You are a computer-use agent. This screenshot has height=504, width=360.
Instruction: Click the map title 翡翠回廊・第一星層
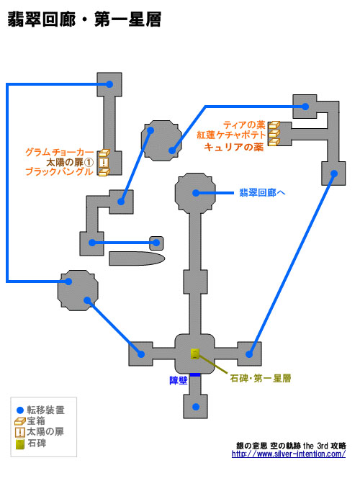(x=84, y=20)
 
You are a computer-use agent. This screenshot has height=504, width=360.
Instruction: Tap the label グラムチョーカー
(x=60, y=152)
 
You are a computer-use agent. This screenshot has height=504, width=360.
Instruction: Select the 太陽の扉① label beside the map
(x=70, y=162)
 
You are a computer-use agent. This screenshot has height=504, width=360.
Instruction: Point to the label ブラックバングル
(x=60, y=171)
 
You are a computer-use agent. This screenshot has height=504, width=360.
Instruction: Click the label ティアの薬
(x=244, y=125)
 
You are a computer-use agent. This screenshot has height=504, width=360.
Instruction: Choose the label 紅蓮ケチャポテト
(x=231, y=135)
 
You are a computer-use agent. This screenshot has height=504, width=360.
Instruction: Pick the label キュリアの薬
(x=234, y=147)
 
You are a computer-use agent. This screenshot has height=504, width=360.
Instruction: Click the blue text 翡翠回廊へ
(x=262, y=193)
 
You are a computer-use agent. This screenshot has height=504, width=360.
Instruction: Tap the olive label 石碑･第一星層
(x=261, y=378)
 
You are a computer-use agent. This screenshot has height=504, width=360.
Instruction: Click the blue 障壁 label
(x=179, y=381)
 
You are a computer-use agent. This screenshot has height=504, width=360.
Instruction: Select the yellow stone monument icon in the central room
(x=195, y=354)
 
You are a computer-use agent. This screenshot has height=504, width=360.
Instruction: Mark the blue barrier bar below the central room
(x=195, y=375)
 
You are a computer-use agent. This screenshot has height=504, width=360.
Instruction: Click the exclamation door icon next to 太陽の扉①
(x=103, y=162)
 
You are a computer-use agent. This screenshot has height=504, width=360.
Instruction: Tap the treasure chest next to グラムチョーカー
(x=104, y=153)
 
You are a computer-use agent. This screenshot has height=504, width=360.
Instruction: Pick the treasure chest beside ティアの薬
(x=274, y=125)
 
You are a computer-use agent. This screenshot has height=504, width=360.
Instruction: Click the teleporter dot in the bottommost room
(x=195, y=407)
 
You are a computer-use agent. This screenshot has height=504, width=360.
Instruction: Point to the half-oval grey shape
(x=137, y=258)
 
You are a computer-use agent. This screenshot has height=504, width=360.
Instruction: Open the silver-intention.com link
(x=289, y=454)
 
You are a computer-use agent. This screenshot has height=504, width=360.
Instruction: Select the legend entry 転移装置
(x=40, y=410)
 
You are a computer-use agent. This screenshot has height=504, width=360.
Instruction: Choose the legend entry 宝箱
(x=30, y=420)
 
